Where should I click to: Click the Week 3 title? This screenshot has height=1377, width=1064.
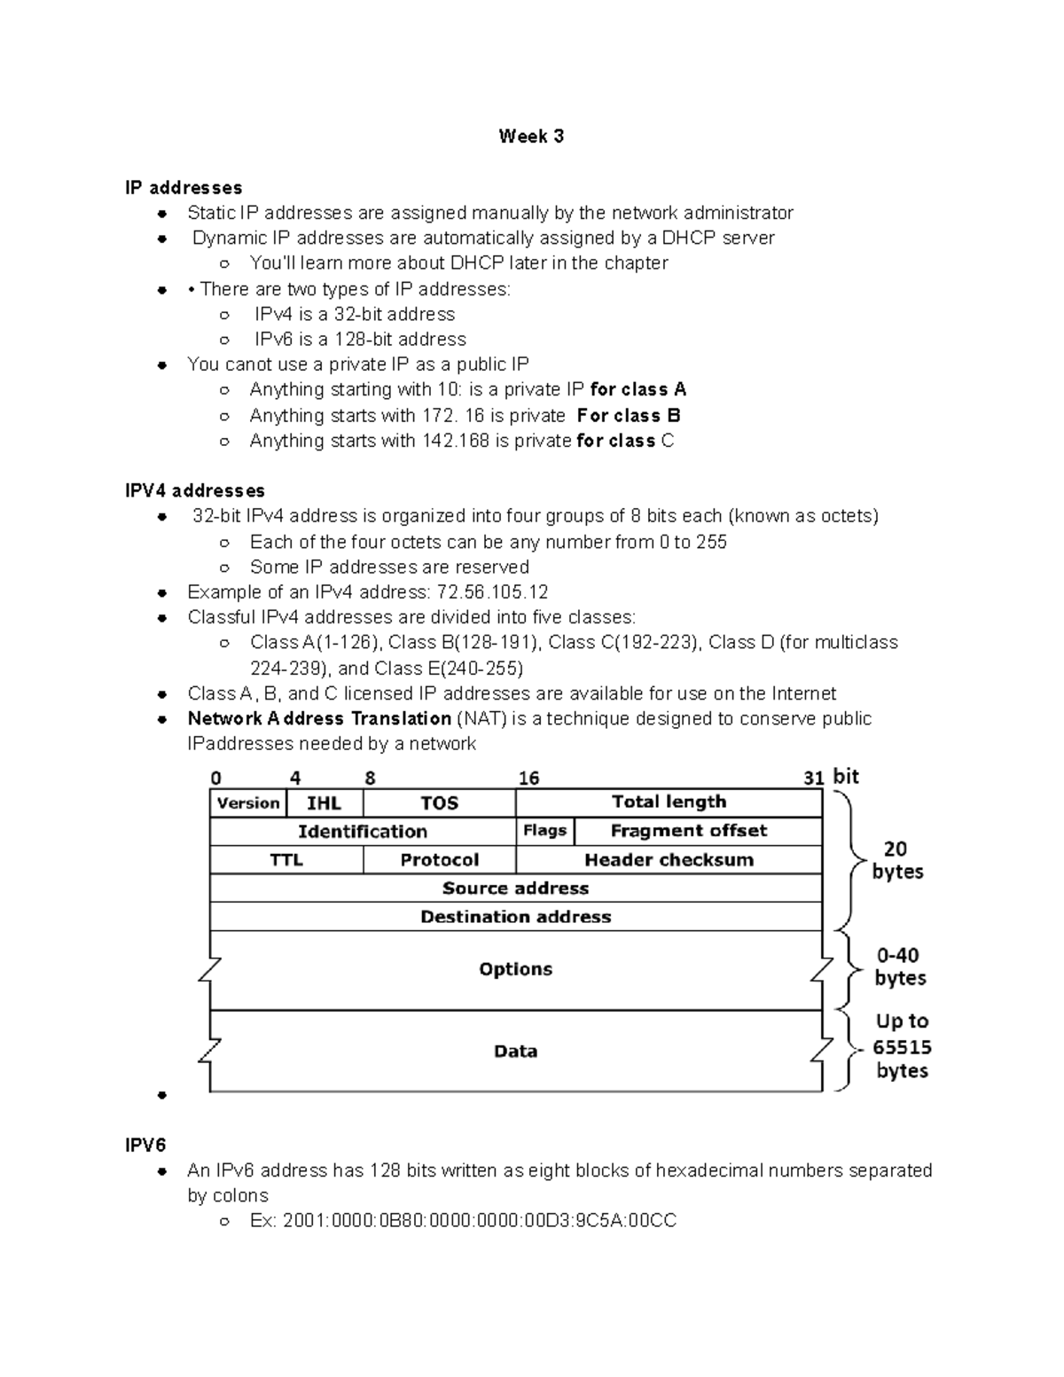531,137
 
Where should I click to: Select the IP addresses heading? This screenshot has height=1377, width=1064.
184,188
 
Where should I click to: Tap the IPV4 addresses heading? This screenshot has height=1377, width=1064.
195,490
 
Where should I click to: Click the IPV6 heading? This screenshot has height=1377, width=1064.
145,1145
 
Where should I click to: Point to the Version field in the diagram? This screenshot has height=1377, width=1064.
248,803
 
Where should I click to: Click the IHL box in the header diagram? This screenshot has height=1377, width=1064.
325,803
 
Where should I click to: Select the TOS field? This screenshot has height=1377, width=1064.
439,803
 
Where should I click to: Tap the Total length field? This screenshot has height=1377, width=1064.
669,802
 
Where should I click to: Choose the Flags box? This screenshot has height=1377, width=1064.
544,831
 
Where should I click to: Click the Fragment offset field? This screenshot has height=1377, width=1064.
689,831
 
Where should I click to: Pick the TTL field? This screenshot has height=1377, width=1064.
286,860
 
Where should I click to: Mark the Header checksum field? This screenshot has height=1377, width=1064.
669,860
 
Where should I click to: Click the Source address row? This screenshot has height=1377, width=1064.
515,888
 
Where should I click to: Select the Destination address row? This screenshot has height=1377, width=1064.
515,917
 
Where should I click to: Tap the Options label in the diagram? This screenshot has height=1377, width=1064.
515,969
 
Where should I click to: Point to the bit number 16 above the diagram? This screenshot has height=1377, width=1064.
528,778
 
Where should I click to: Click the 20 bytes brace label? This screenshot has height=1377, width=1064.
896,860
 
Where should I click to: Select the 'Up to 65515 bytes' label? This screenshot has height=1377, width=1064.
902,1046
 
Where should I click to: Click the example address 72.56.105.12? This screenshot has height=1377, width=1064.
493,592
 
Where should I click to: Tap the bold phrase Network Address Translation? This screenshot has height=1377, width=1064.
319,719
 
